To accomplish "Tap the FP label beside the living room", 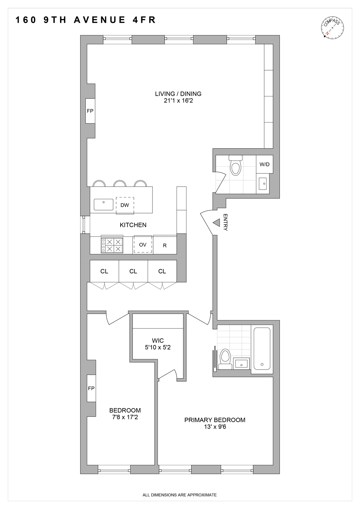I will [x=90, y=111].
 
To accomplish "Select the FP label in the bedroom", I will [x=91, y=388].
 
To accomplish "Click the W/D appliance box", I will [x=265, y=164].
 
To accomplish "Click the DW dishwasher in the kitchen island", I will [x=125, y=205].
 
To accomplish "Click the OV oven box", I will [x=143, y=245].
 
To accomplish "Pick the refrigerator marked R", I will [x=165, y=245].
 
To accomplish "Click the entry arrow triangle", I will [x=216, y=223].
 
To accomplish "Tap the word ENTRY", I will [x=225, y=222].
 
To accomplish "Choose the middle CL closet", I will [x=133, y=271].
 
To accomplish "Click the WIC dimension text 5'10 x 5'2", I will [x=158, y=347].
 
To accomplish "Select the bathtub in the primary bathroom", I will [x=262, y=348].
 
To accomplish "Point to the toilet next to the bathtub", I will [x=225, y=359].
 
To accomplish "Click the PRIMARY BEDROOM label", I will [x=215, y=420].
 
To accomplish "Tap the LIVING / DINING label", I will [x=178, y=94].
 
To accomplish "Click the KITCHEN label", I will [x=133, y=225].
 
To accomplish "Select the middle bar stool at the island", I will [x=120, y=184].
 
